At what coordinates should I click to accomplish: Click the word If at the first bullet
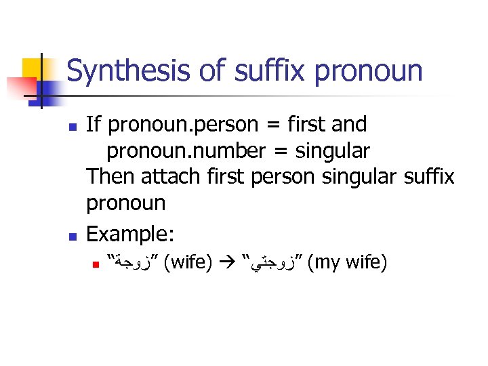pos(94,125)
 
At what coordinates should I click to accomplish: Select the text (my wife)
pos(346,262)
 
